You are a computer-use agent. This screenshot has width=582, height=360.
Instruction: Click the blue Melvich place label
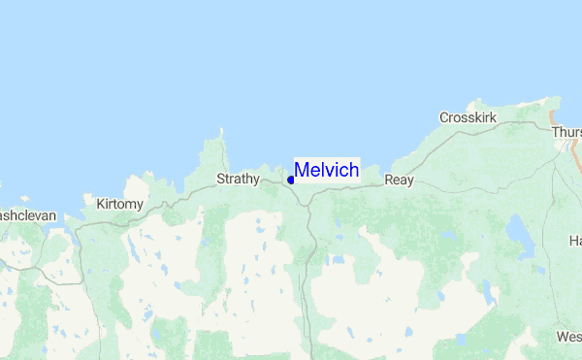click(x=327, y=171)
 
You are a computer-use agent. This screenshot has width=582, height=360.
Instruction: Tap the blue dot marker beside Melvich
click(x=291, y=180)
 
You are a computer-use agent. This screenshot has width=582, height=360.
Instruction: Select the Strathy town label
click(x=238, y=179)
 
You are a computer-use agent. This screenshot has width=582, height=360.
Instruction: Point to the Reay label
click(x=399, y=180)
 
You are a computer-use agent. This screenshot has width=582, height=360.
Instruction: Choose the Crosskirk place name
click(x=468, y=117)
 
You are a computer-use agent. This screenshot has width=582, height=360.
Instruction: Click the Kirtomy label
click(x=120, y=204)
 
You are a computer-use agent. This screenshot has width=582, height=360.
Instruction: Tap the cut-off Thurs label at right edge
click(x=566, y=132)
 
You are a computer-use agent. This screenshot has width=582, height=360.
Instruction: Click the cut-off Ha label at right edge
click(x=574, y=240)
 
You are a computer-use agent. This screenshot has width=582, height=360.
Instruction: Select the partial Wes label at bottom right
click(x=568, y=337)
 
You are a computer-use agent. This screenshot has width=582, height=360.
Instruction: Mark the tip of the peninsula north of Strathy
click(x=221, y=130)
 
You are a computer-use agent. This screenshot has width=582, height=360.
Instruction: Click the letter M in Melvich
click(x=302, y=171)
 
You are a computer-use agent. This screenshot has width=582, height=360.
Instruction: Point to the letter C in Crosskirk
click(x=444, y=117)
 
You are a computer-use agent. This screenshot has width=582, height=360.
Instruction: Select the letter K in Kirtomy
click(x=101, y=204)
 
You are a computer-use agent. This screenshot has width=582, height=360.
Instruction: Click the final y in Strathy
click(x=256, y=180)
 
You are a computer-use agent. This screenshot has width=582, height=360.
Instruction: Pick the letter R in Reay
click(x=389, y=180)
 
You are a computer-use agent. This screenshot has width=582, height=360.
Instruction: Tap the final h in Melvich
click(x=354, y=171)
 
